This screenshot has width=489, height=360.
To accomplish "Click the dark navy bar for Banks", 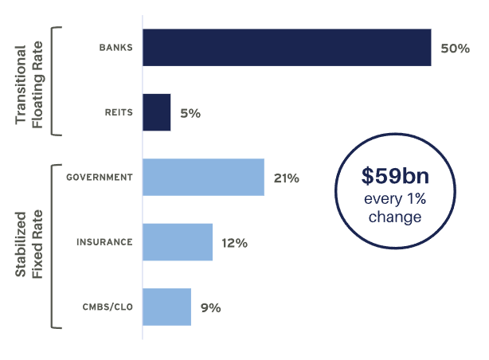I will point(287,48).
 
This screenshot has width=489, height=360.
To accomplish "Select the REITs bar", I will point(156,112).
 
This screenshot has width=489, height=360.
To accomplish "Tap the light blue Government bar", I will point(203,177).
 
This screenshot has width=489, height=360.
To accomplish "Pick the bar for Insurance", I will point(178,242).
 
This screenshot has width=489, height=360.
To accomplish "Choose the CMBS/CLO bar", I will point(166,307).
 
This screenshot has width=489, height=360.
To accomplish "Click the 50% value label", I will point(455,49).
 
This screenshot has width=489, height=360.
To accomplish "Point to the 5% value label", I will point(190,113).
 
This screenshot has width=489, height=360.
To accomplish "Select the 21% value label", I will point(286,178).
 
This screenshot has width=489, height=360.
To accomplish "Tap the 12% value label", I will point(234,243).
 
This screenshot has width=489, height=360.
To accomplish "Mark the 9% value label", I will point(210,307).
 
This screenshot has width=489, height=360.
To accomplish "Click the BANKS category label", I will point(115,49).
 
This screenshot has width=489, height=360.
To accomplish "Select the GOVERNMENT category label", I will point(99,178).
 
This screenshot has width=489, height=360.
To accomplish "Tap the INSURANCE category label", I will point(104,242).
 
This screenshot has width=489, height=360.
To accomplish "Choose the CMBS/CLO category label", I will point(107,307).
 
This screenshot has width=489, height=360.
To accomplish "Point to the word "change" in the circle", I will point(397,217).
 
